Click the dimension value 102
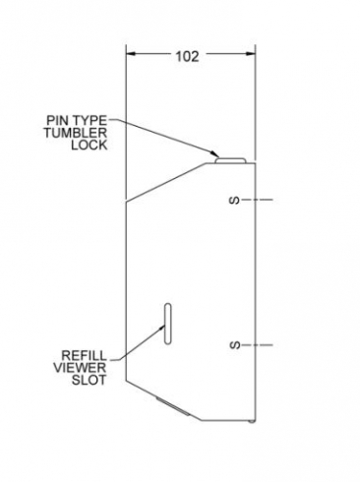188,56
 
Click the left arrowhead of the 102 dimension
131,53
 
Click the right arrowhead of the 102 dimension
251,53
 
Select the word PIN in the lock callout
57,121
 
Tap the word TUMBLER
76,133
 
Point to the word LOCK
90,145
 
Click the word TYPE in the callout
89,121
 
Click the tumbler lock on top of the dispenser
230,160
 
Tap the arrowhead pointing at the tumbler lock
214,153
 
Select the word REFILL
85,355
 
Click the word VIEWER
80,368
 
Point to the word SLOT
90,380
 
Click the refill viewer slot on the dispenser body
168,324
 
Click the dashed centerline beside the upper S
258,200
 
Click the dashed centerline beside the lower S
258,345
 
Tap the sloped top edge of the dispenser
166,182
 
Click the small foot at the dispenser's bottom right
251,421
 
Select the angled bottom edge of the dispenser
163,400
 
